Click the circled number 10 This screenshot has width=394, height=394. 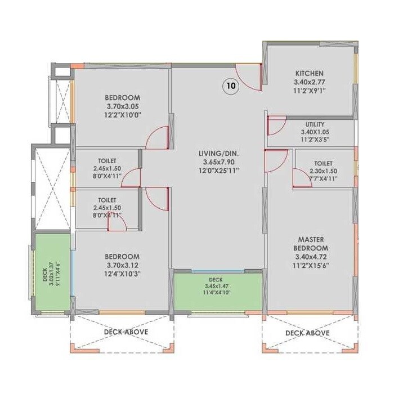click(x=231, y=86)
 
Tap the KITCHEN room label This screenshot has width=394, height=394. click(x=310, y=73)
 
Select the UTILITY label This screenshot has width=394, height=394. click(x=315, y=124)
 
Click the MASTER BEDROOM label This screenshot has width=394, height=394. click(x=310, y=244)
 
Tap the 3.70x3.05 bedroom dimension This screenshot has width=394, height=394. click(x=123, y=106)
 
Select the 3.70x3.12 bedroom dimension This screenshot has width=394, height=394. click(x=123, y=265)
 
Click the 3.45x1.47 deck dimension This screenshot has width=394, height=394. click(x=217, y=285)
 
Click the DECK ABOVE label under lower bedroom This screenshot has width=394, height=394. click(x=126, y=332)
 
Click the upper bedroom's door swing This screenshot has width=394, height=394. click(x=158, y=138)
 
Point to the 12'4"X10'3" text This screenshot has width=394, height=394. click(x=123, y=274)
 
